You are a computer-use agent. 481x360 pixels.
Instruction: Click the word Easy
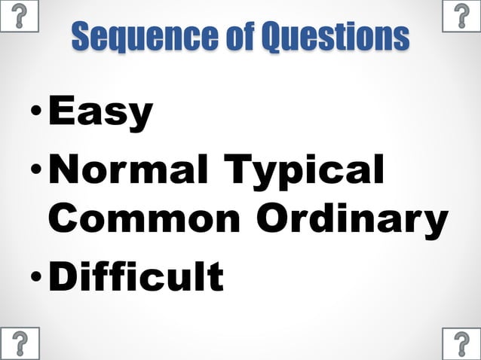(100, 113)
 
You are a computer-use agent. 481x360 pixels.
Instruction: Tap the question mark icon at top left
(19, 16)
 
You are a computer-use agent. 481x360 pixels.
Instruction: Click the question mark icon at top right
(461, 16)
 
